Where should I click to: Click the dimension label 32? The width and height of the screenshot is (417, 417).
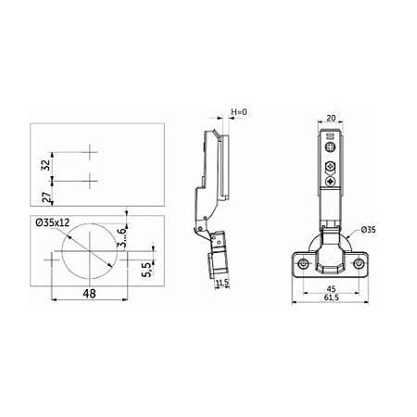46,165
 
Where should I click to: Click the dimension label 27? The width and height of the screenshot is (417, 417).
46,197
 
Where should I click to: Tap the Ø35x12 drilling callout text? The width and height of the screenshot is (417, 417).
53,222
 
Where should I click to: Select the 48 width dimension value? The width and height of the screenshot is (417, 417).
89,294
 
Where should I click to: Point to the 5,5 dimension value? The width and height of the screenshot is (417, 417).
146,270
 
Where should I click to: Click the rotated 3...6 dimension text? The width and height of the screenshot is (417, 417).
121,237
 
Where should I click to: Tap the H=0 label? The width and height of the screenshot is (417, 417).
239,112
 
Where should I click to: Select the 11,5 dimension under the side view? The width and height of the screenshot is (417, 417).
222,283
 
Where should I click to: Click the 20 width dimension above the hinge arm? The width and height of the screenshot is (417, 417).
331,118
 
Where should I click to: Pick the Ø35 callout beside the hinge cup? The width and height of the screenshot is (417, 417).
368,230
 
